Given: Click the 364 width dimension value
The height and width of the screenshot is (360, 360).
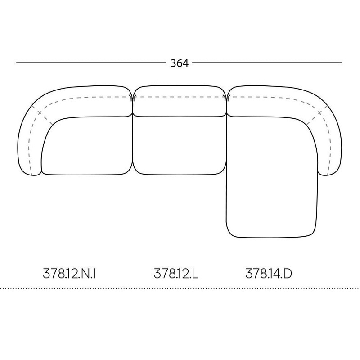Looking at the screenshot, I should (179, 63).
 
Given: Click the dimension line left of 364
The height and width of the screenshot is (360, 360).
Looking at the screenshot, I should (90, 63).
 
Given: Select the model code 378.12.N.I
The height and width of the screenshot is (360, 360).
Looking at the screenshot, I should (70, 273).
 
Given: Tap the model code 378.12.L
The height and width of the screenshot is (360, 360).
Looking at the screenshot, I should (176, 273).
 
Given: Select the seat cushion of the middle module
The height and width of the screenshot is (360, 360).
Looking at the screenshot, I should (179, 146).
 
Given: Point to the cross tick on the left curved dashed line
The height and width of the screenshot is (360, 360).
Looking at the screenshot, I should (40, 112).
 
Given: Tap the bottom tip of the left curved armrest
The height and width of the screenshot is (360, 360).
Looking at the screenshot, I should (31, 175).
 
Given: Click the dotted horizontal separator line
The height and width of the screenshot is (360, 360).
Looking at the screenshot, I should (180, 289).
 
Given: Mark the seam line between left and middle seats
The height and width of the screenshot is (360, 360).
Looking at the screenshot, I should (133, 144).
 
